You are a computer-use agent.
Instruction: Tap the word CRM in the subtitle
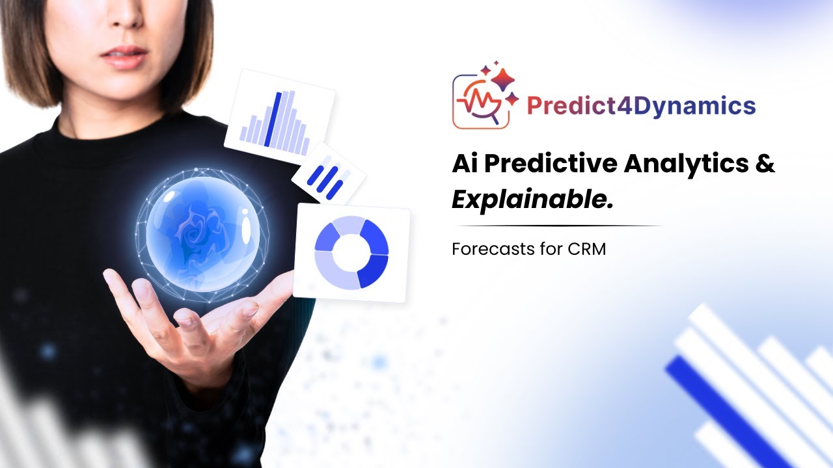588,249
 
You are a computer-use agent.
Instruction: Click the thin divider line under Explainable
557,226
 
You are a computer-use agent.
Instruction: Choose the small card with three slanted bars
329,174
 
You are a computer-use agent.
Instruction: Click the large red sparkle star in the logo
502,79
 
